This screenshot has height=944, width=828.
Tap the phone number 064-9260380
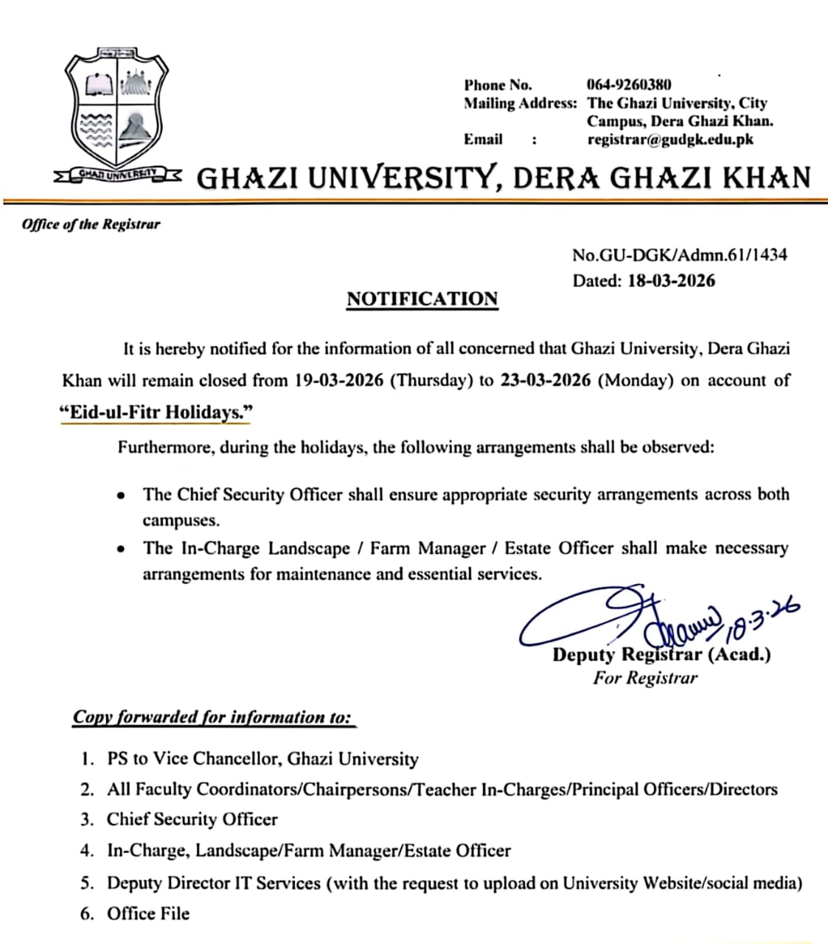(x=628, y=85)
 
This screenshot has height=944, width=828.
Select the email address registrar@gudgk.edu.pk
(x=670, y=139)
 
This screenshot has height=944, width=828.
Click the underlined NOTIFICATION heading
(x=422, y=299)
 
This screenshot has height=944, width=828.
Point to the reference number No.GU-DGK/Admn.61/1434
(x=679, y=255)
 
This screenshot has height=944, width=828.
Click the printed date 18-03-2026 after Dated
(x=672, y=280)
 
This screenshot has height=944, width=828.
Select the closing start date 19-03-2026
(x=338, y=381)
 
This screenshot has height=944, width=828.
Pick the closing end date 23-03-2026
(x=546, y=381)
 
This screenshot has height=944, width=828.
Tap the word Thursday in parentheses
(x=431, y=381)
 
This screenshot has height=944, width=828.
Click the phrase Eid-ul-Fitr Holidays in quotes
(x=156, y=412)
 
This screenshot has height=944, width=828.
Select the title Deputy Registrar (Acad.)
(x=661, y=654)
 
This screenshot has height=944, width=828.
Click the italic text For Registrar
(x=644, y=678)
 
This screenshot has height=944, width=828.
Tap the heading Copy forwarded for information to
(x=212, y=717)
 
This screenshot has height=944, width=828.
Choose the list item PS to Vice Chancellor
(x=262, y=758)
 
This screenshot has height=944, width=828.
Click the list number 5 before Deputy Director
(x=87, y=883)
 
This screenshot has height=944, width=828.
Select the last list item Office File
(x=148, y=914)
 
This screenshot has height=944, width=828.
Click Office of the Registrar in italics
(x=91, y=224)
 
